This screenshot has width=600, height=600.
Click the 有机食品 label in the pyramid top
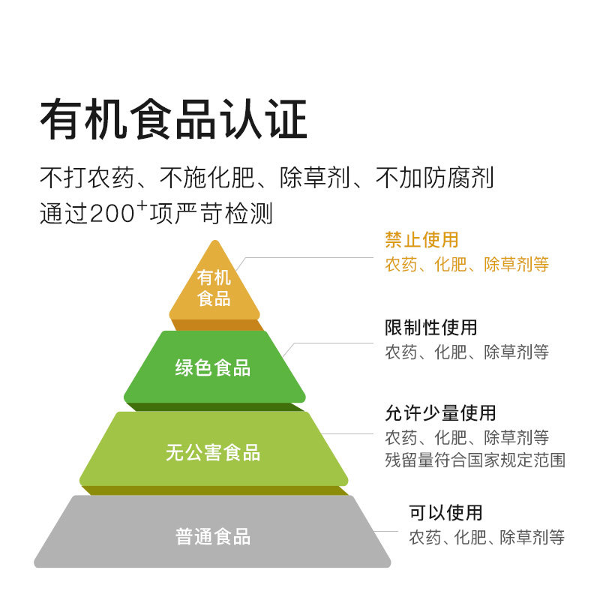(x=214, y=288)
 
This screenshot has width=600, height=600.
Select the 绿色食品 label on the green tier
(x=213, y=368)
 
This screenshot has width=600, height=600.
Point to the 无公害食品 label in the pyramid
(x=213, y=453)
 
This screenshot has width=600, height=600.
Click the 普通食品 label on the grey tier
(x=213, y=537)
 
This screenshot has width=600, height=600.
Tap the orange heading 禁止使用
(x=421, y=240)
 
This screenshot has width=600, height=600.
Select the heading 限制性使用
(x=430, y=328)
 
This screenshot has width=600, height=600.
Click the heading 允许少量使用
(x=440, y=412)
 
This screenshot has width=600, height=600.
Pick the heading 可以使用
(x=445, y=513)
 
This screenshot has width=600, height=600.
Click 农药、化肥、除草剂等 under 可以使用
(x=486, y=537)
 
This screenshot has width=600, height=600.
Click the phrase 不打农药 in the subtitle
(x=87, y=179)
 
